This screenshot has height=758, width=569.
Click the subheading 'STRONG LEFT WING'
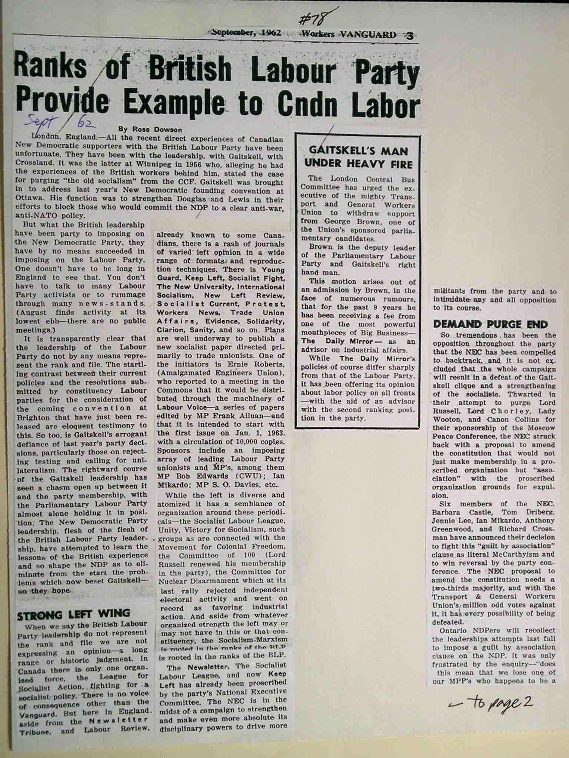(74, 614)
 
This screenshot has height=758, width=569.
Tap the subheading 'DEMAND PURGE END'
(490, 324)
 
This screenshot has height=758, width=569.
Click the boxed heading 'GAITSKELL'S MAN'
(358, 151)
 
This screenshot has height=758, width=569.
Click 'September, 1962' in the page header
(246, 33)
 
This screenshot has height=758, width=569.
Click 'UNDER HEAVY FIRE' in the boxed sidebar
(358, 164)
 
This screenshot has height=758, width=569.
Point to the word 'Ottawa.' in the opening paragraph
(29, 199)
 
